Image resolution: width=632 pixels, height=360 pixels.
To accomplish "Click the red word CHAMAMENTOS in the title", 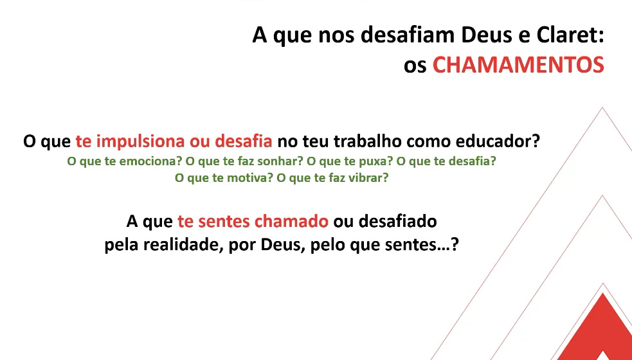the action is click(518, 66).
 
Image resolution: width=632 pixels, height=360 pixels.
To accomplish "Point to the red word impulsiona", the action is click(141, 142).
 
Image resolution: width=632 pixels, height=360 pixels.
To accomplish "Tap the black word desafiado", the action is click(398, 222).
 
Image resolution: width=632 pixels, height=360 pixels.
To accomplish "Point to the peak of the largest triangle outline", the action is click(602, 107).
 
